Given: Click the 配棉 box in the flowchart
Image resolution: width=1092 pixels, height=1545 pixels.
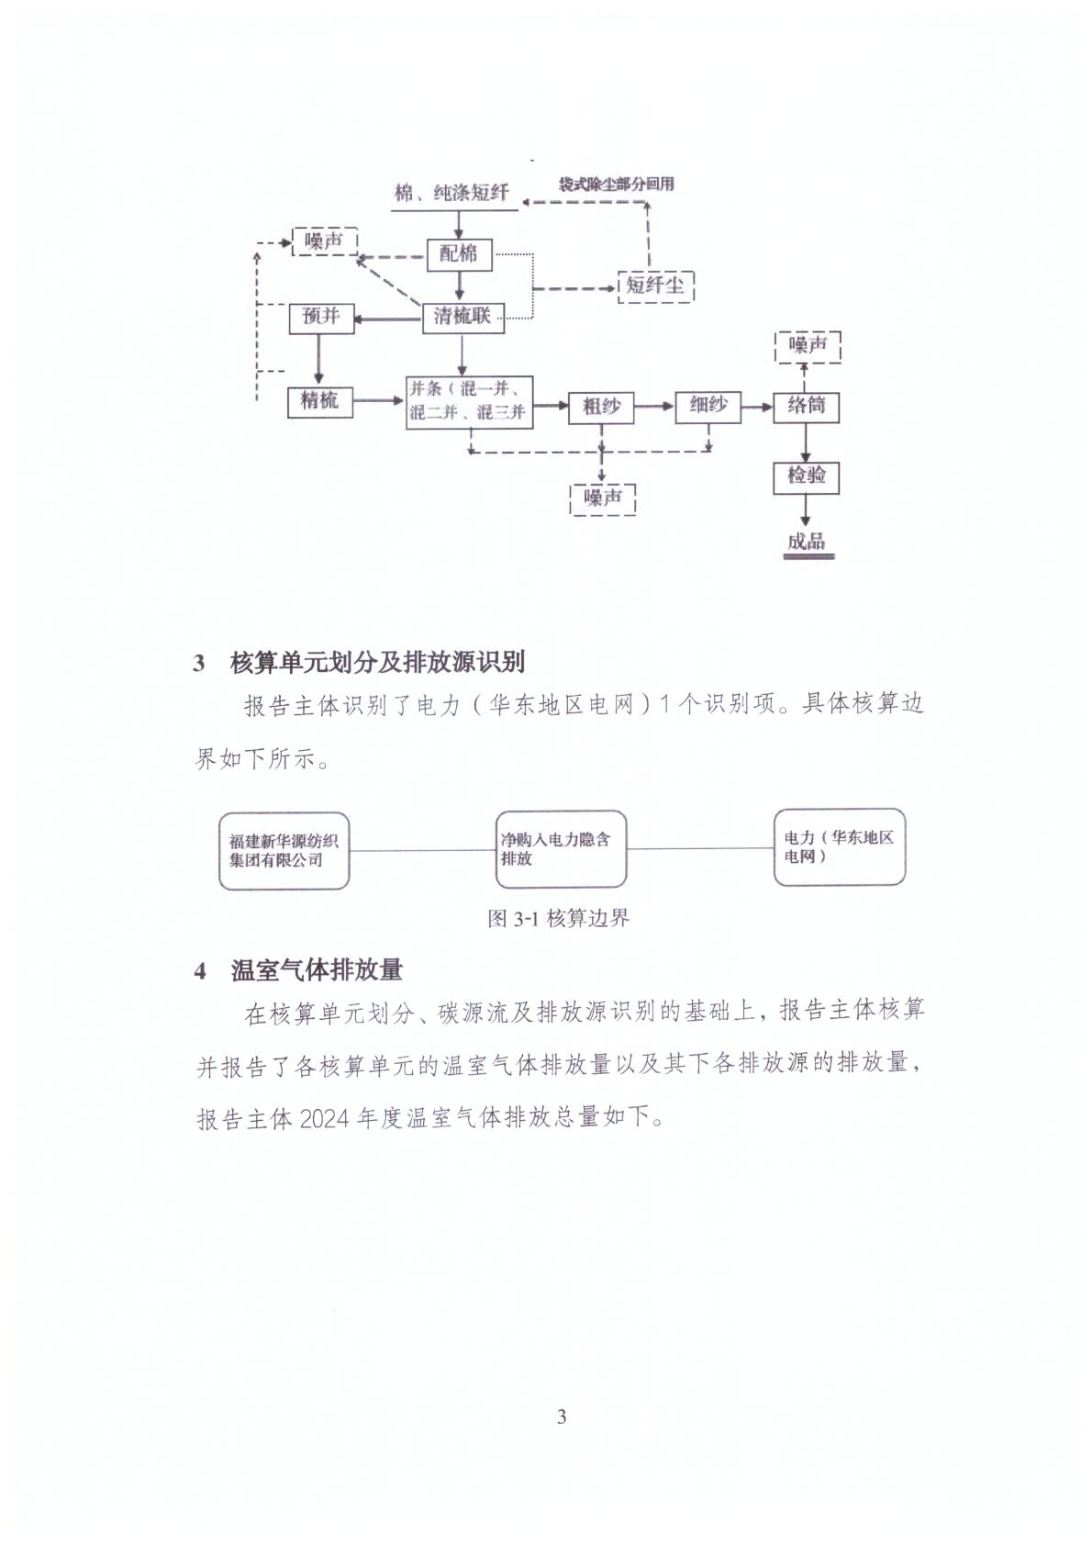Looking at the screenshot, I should [460, 254].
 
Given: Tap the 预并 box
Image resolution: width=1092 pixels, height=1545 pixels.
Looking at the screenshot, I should [320, 318].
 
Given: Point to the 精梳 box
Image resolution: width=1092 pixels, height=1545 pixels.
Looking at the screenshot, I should [319, 400].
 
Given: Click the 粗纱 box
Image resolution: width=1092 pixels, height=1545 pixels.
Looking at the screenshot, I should [601, 406].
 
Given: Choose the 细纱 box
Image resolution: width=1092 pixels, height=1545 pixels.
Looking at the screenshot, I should [708, 405].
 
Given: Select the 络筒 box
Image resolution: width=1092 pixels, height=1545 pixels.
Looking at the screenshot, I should [806, 405].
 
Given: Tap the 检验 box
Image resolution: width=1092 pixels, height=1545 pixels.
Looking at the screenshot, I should [806, 476].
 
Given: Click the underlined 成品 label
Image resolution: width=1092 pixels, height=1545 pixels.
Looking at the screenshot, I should [806, 543].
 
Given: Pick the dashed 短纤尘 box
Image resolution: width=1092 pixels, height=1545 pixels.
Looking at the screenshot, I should [655, 285].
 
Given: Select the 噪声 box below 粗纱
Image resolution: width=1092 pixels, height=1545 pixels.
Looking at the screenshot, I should [603, 498].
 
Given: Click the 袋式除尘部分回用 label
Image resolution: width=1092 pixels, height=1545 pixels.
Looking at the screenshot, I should [616, 184].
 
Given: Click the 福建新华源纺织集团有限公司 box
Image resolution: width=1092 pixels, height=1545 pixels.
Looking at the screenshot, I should [284, 849].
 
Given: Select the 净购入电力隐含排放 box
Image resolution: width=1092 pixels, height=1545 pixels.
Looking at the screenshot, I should [561, 849].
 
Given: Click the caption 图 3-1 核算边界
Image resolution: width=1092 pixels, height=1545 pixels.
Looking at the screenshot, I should [559, 918].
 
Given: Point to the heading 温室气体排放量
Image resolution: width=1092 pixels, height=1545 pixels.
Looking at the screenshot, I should [317, 970].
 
